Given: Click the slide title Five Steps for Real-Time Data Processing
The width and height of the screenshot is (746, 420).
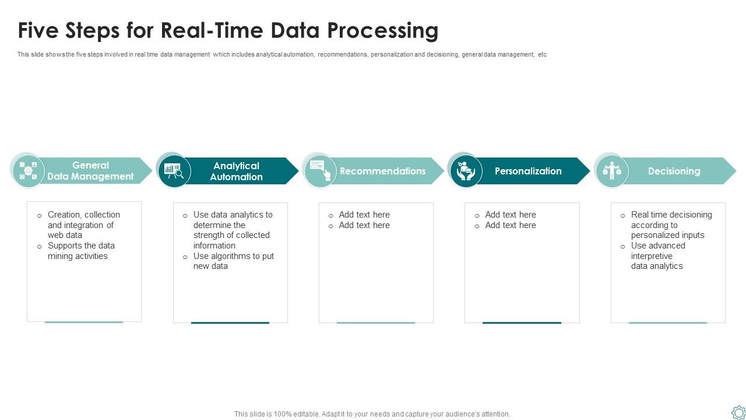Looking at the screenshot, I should (x=228, y=30).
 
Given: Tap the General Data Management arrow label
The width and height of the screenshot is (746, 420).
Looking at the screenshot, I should (x=90, y=171).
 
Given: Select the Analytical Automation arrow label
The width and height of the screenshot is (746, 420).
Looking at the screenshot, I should (x=236, y=171).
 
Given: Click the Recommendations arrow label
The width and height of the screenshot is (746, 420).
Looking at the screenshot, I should (x=382, y=171).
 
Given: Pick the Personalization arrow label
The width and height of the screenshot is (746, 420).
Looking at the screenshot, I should (x=528, y=171).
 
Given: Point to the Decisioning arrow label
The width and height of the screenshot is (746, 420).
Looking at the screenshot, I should (x=674, y=171).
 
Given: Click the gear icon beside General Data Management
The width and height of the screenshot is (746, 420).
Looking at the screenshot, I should (x=28, y=171).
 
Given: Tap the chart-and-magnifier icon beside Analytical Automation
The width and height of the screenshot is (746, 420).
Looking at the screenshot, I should (x=174, y=171).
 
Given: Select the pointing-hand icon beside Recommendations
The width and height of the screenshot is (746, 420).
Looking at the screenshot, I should (x=320, y=170).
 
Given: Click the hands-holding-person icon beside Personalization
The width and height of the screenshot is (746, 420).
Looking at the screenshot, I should (x=466, y=171).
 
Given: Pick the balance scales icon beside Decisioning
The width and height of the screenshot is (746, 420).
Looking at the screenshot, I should (x=612, y=171).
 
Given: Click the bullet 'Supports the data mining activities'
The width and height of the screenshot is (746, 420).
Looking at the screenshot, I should (x=81, y=251).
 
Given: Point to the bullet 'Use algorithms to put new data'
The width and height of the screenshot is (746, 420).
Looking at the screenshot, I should (x=233, y=261).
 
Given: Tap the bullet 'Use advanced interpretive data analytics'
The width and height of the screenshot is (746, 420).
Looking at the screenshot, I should (x=657, y=256).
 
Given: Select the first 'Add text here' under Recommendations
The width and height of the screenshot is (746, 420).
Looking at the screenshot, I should (x=364, y=215).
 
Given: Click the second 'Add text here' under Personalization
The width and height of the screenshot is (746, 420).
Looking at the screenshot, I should (x=510, y=225).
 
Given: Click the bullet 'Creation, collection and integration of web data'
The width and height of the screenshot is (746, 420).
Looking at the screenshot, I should (x=83, y=225).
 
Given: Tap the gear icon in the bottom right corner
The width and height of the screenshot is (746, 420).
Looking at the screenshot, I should (x=738, y=412).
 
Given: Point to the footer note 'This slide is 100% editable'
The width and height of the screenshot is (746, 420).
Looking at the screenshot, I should (x=372, y=414).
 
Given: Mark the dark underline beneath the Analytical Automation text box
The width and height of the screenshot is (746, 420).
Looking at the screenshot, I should (x=230, y=323).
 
